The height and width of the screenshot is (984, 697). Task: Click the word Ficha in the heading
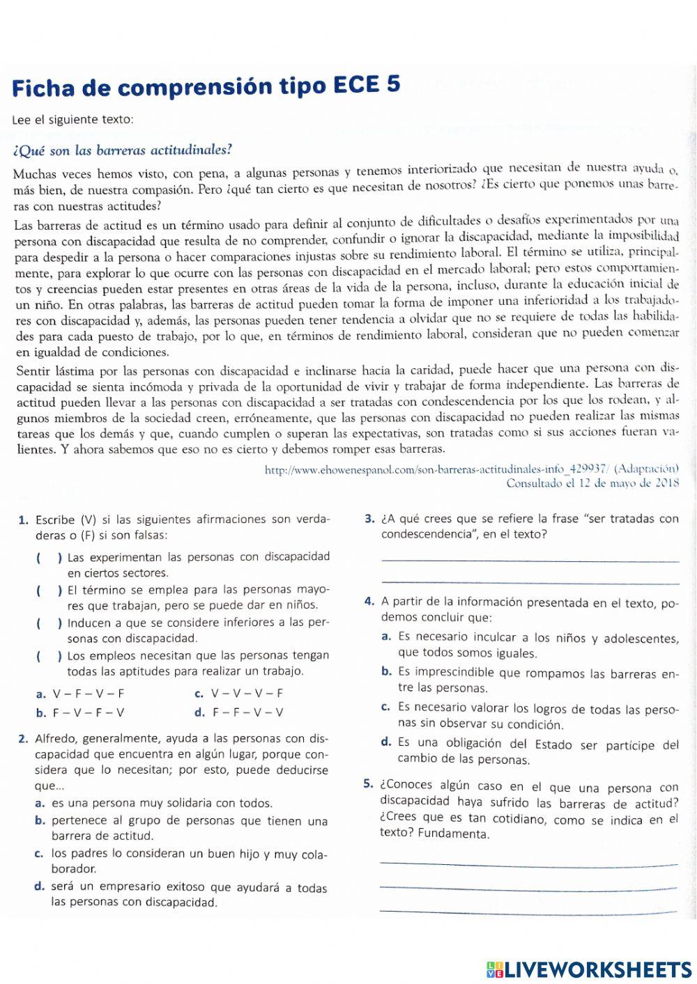click(x=42, y=88)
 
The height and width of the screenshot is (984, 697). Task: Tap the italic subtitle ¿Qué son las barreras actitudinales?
click(x=122, y=149)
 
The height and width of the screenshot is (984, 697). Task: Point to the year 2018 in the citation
click(x=668, y=483)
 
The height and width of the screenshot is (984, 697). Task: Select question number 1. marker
click(x=23, y=520)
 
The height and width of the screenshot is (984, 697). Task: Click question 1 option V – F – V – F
click(x=89, y=694)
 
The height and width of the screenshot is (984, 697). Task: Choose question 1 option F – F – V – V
click(x=248, y=712)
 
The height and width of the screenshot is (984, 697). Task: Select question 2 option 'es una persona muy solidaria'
click(x=162, y=803)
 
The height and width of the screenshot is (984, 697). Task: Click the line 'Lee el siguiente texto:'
click(x=72, y=119)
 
